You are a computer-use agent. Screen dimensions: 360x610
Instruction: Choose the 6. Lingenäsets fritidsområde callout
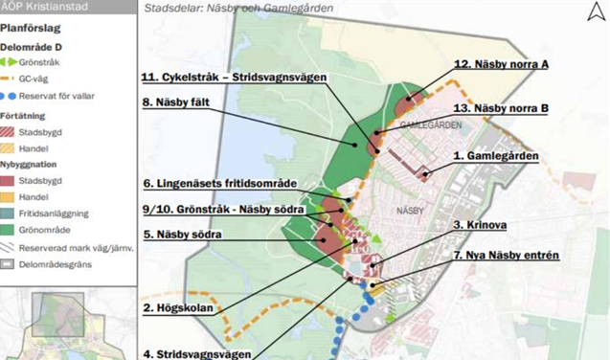[220, 183]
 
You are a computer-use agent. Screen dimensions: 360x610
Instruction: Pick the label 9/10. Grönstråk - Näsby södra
[223, 208]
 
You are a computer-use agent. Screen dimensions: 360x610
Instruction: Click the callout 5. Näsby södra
[183, 234]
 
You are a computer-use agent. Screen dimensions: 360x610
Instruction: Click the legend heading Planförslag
[32, 29]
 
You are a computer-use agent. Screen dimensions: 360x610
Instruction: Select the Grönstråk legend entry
[39, 62]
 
